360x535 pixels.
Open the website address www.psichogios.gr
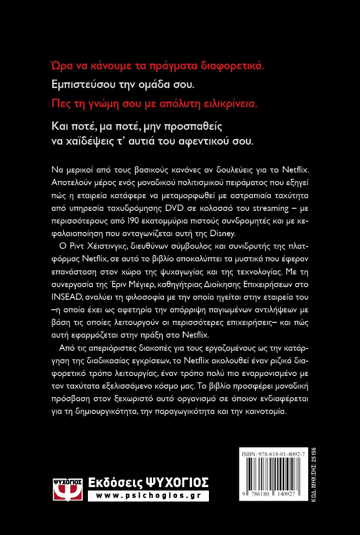point(148,496)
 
